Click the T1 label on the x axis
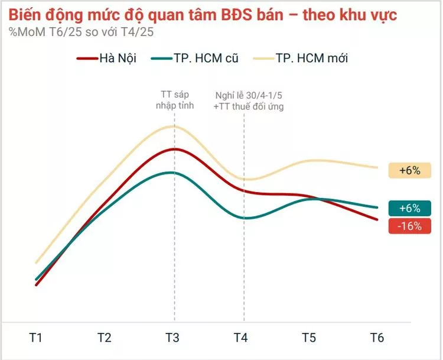pyautogui.click(x=36, y=338)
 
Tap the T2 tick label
pyautogui.click(x=105, y=338)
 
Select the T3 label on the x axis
pyautogui.click(x=173, y=338)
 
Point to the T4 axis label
pyautogui.click(x=241, y=338)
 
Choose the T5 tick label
pyautogui.click(x=309, y=338)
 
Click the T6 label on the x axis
pyautogui.click(x=377, y=338)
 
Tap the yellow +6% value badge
pyautogui.click(x=409, y=170)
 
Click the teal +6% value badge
pyautogui.click(x=409, y=208)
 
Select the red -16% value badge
pyautogui.click(x=409, y=226)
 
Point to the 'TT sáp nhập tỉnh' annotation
pyautogui.click(x=173, y=99)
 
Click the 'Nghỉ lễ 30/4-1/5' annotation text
pyautogui.click(x=249, y=95)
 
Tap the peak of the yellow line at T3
pyautogui.click(x=173, y=126)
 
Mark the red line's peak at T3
pyautogui.click(x=173, y=149)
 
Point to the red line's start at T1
pyautogui.click(x=37, y=285)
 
